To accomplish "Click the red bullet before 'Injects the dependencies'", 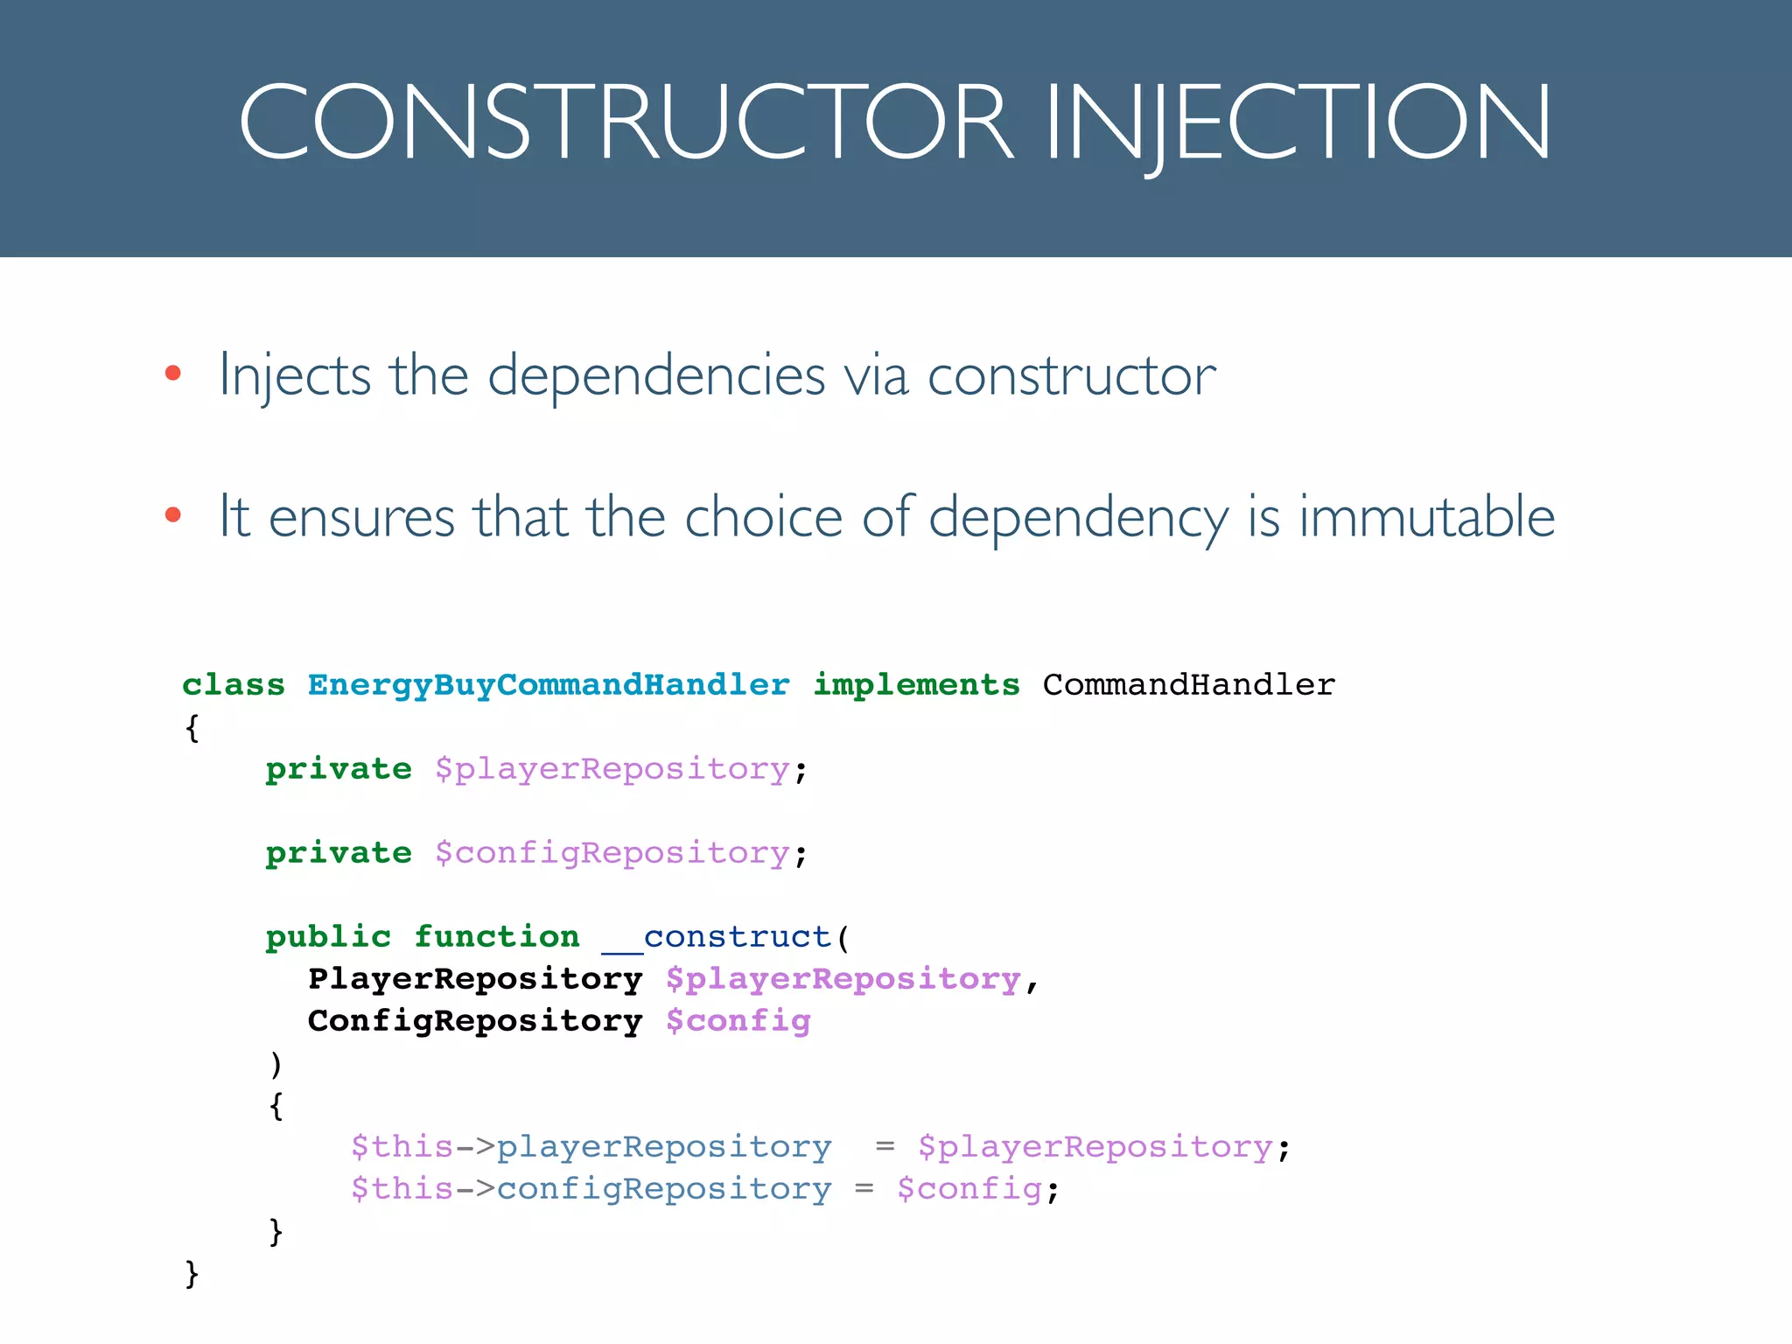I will [173, 374].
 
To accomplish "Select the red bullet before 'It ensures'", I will [173, 514].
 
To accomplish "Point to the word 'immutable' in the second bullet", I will [1426, 516].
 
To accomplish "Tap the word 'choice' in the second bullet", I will [763, 516].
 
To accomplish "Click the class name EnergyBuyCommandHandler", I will [549, 684].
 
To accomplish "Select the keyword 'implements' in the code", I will [916, 684].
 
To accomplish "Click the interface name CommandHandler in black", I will [1188, 684].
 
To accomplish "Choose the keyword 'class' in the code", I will [233, 684].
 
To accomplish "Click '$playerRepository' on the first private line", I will [612, 769].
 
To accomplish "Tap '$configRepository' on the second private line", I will [612, 853].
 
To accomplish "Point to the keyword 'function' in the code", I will [496, 937].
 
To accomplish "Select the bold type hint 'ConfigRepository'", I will [475, 1021].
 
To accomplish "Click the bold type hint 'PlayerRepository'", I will [475, 979].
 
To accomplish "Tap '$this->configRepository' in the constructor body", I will [591, 1189].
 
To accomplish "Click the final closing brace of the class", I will [192, 1273].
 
